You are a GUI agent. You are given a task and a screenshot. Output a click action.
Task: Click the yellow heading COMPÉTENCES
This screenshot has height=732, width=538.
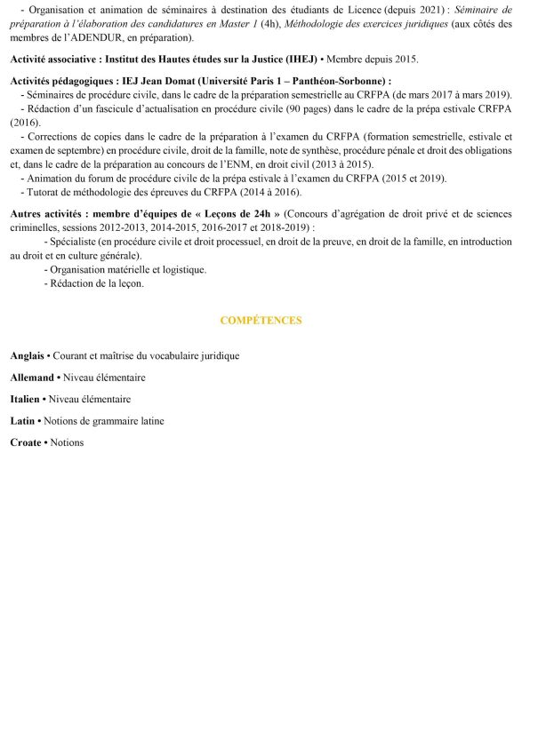tap(261, 320)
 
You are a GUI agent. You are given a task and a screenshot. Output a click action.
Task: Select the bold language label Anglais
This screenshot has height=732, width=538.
tap(27, 355)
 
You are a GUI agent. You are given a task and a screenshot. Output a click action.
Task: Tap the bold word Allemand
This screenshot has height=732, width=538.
tap(32, 378)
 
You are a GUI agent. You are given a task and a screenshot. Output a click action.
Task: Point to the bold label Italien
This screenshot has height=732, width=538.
tap(26, 399)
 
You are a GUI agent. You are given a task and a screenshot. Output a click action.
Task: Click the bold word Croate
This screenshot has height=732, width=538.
tap(26, 442)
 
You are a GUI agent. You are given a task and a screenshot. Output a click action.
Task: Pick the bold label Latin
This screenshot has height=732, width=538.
tap(23, 420)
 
